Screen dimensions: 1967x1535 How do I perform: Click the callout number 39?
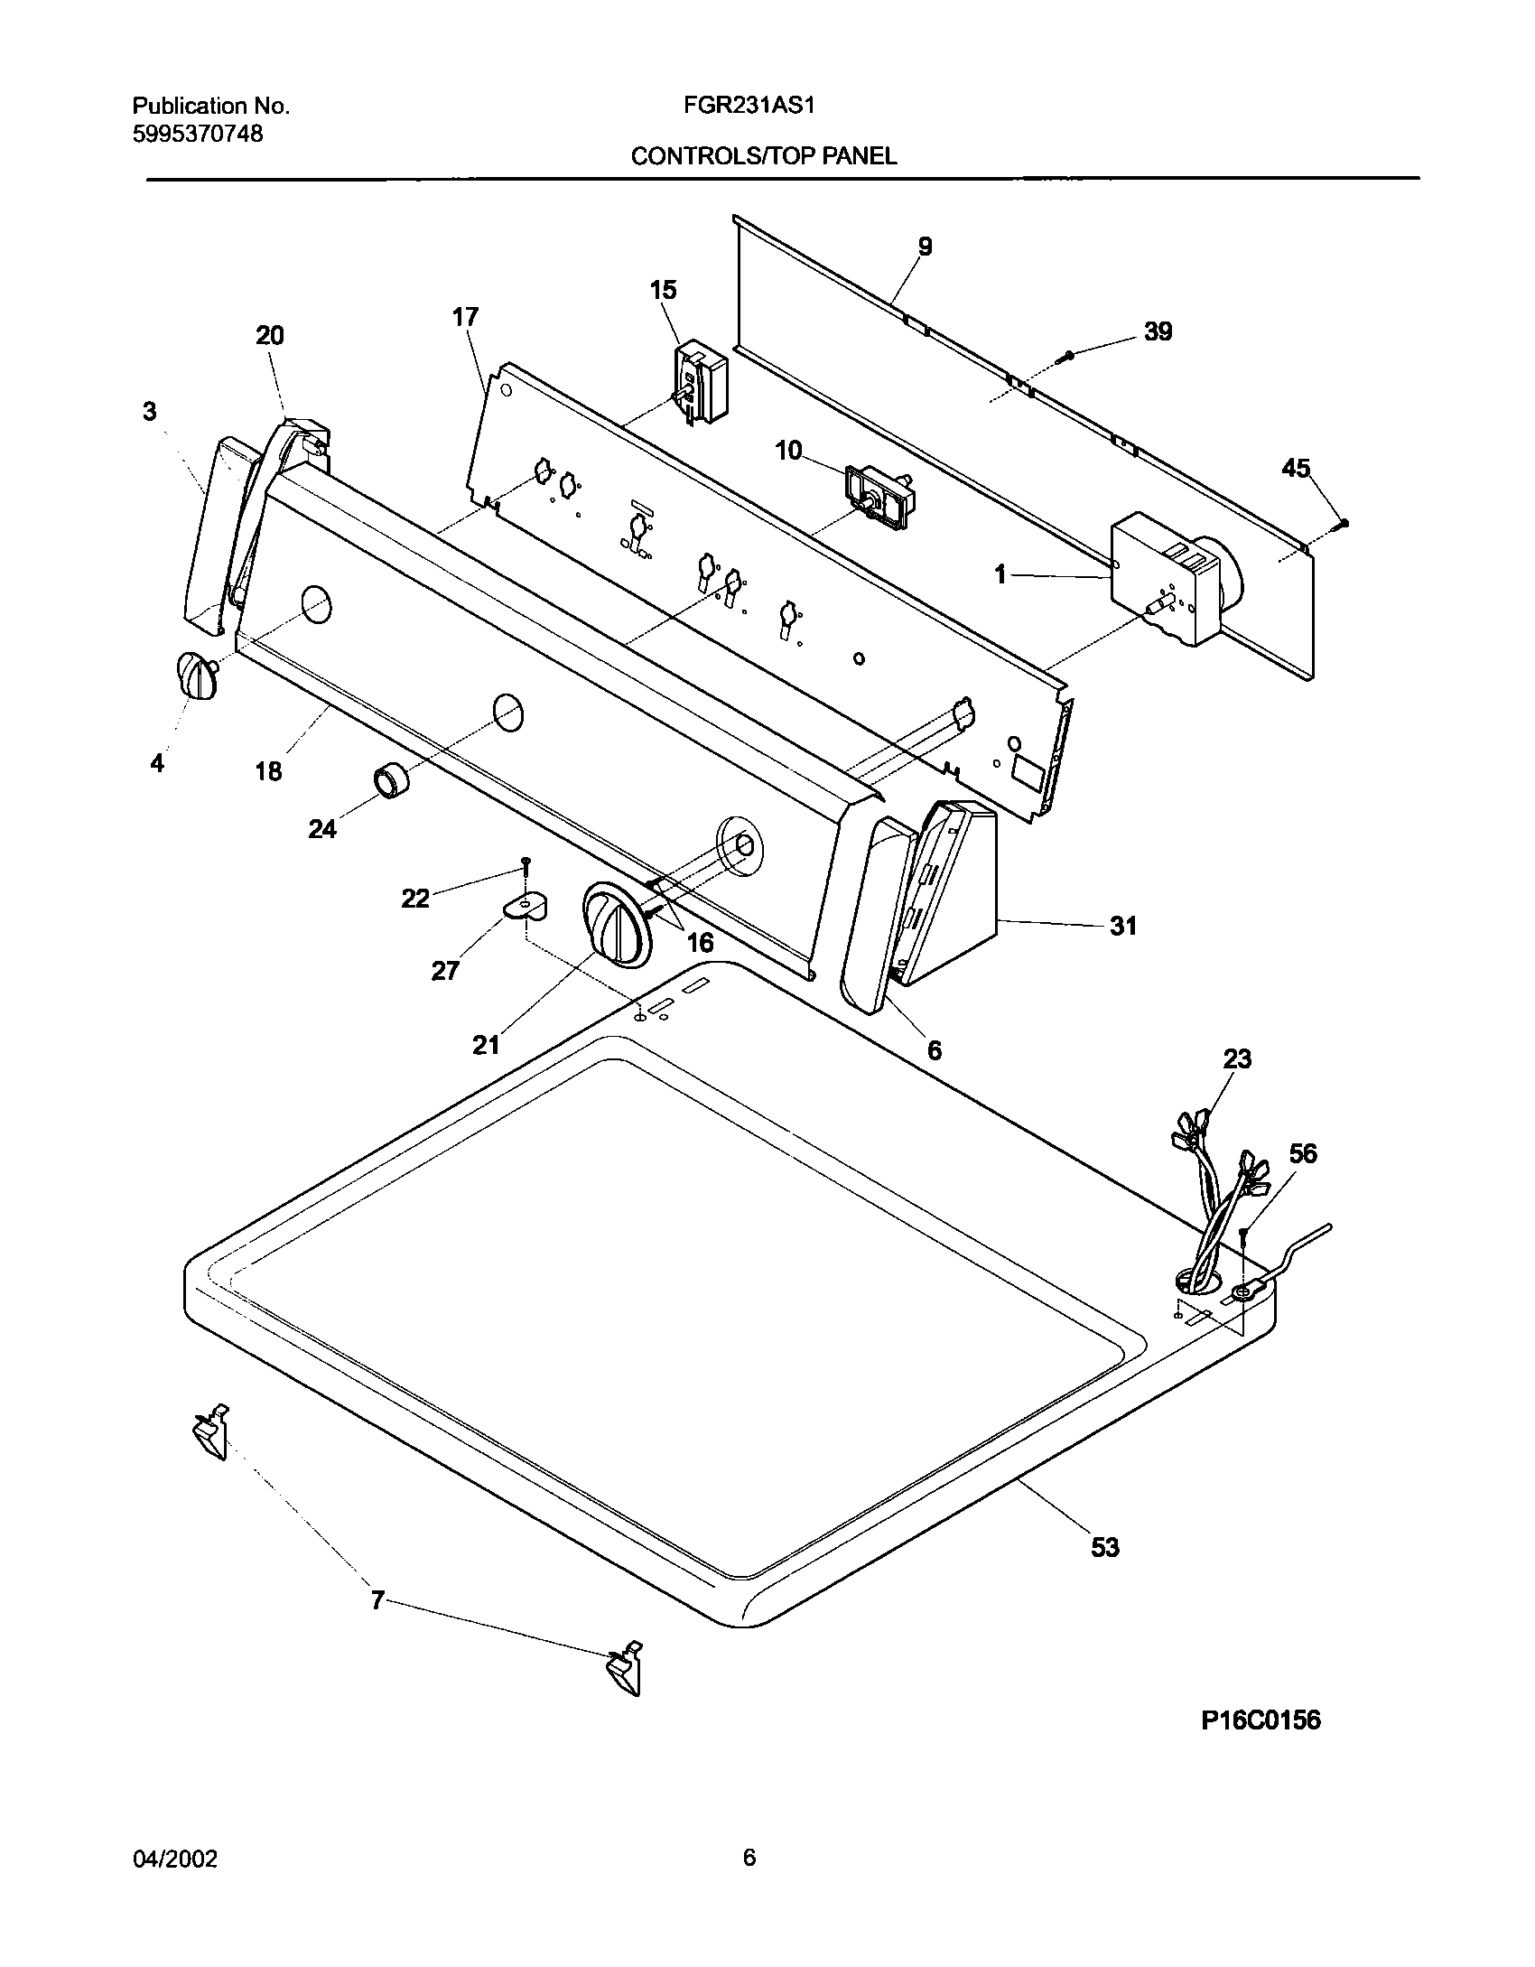pyautogui.click(x=1158, y=331)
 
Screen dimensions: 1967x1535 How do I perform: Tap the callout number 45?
pyautogui.click(x=1296, y=468)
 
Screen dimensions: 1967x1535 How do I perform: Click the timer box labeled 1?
pyautogui.click(x=1164, y=579)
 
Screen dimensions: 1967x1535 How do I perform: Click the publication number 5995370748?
pyautogui.click(x=198, y=134)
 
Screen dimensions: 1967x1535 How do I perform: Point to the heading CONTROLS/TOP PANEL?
pyautogui.click(x=764, y=156)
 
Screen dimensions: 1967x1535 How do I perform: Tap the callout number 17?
pyautogui.click(x=466, y=317)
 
